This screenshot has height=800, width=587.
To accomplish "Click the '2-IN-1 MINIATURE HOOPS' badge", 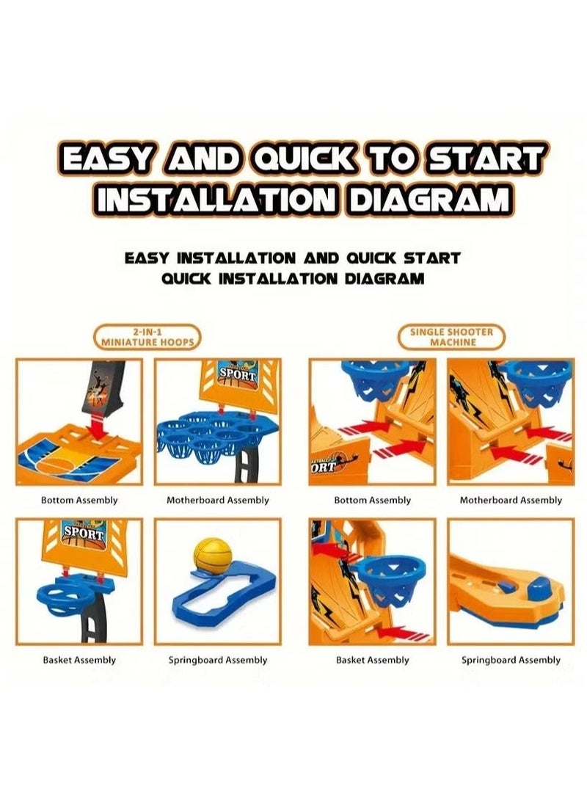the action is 147,337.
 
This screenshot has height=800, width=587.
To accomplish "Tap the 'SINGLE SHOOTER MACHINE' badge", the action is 451,337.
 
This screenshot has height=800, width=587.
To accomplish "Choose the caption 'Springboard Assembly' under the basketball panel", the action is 218,660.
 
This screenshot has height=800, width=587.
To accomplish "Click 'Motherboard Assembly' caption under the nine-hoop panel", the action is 218,500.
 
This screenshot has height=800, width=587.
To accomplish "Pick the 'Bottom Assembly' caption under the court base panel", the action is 79,500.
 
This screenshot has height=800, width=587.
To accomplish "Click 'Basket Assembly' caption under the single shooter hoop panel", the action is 372,660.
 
